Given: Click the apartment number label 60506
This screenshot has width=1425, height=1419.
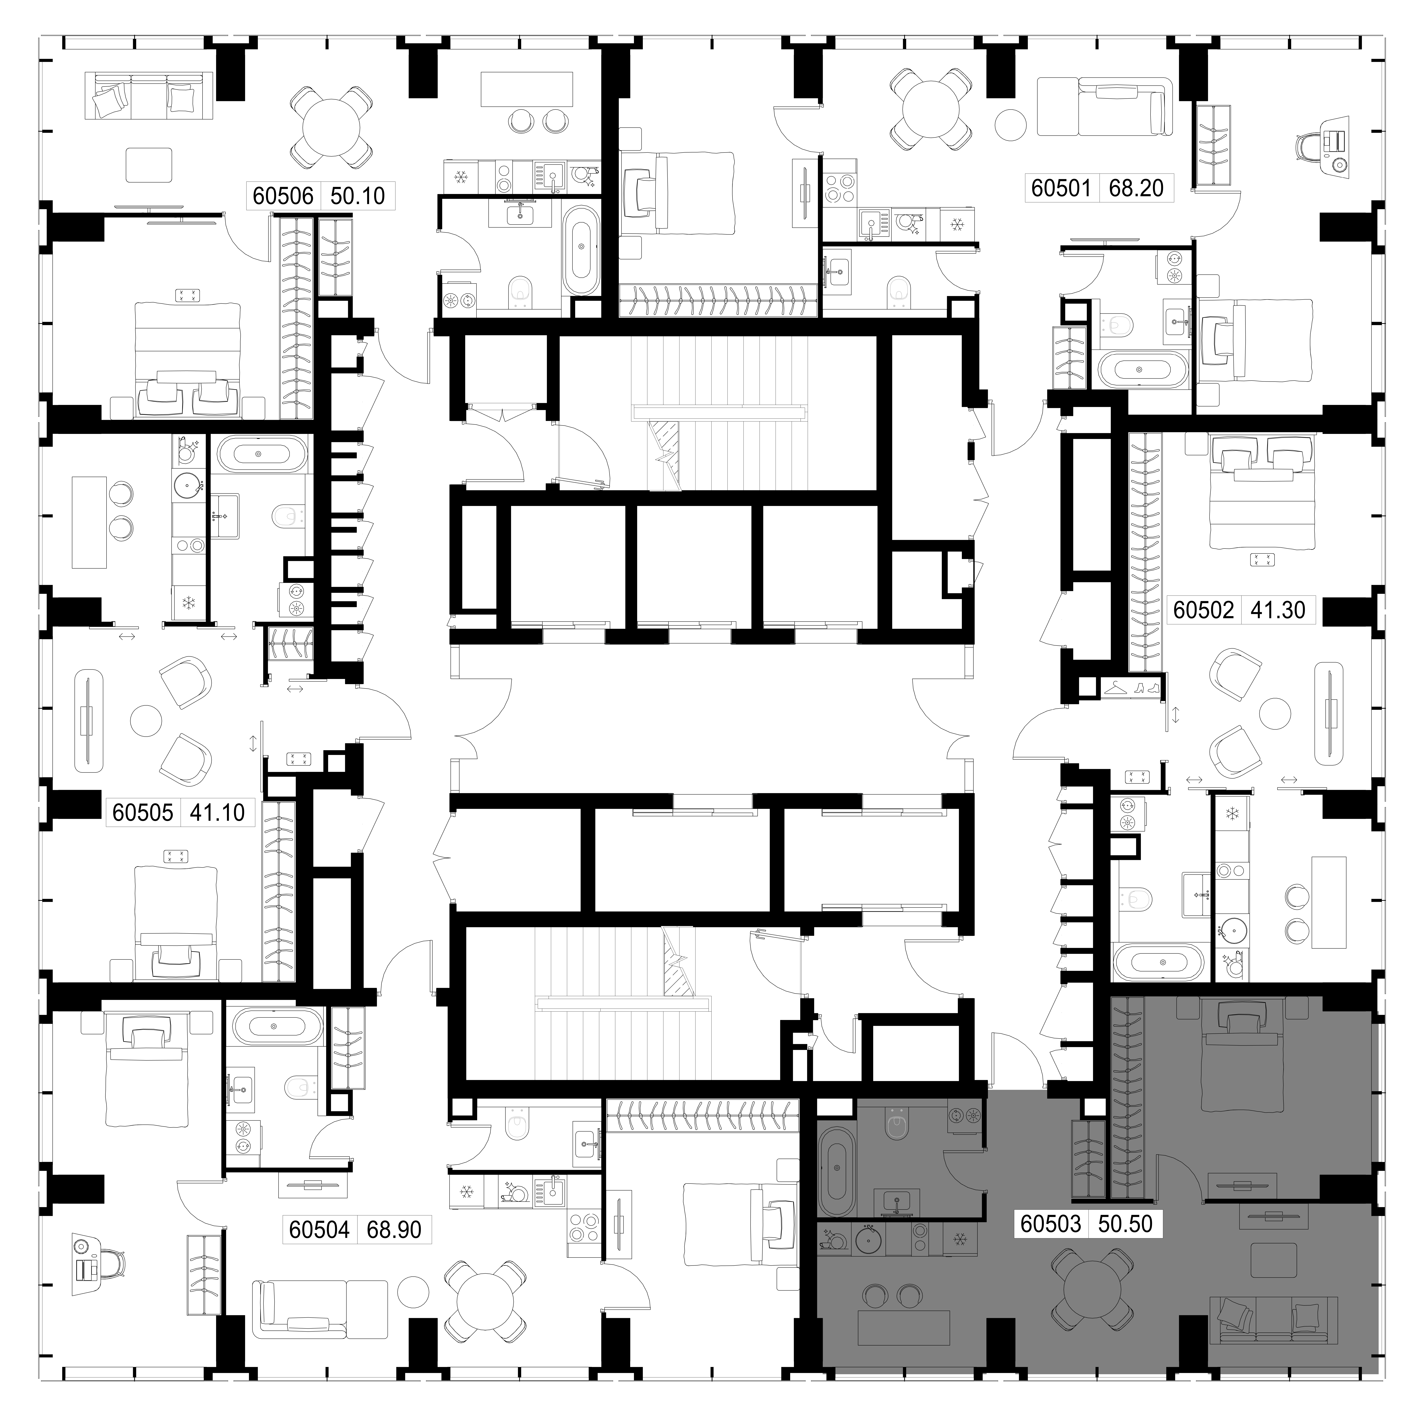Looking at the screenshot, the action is (283, 196).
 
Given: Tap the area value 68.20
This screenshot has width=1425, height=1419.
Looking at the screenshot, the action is (1136, 188).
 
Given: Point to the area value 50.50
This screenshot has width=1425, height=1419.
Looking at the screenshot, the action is (1125, 1224).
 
